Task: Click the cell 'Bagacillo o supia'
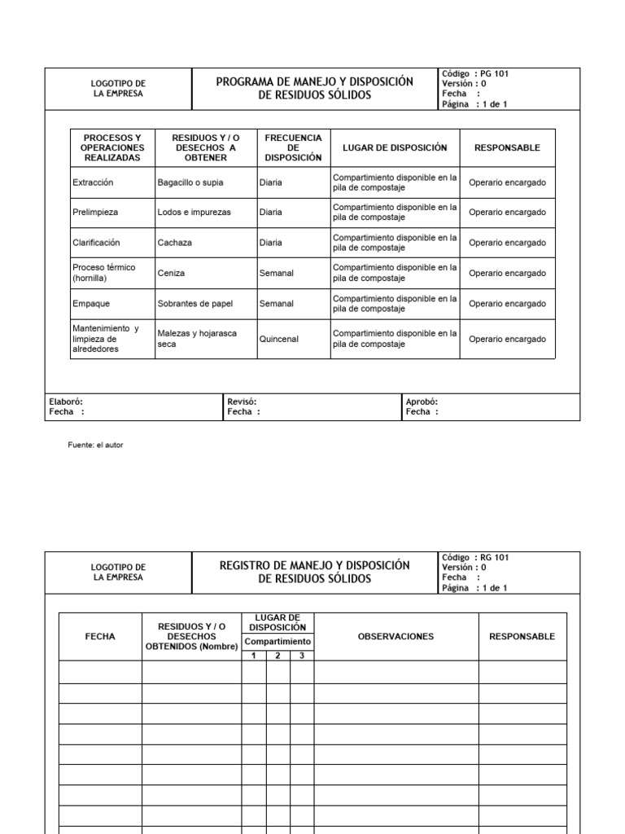coord(190,182)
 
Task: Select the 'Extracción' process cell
coord(93,182)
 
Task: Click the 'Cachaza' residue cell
coord(175,243)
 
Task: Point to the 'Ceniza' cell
coord(172,274)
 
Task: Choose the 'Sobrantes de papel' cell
coord(194,304)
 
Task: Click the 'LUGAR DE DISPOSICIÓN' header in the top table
coord(395,147)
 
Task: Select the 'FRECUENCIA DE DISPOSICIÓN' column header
coord(293,147)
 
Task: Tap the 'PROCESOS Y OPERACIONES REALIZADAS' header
coord(112,147)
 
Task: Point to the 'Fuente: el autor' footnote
coord(95,445)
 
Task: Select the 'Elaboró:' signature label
coord(66,402)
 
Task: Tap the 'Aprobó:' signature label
coord(422,402)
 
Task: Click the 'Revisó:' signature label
coord(243,402)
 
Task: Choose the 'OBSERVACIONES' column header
coord(396,636)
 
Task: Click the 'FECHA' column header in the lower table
coord(100,636)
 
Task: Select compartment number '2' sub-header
coord(278,656)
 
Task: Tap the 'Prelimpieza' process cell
coord(95,213)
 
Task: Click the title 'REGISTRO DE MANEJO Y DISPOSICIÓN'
coord(314,565)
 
